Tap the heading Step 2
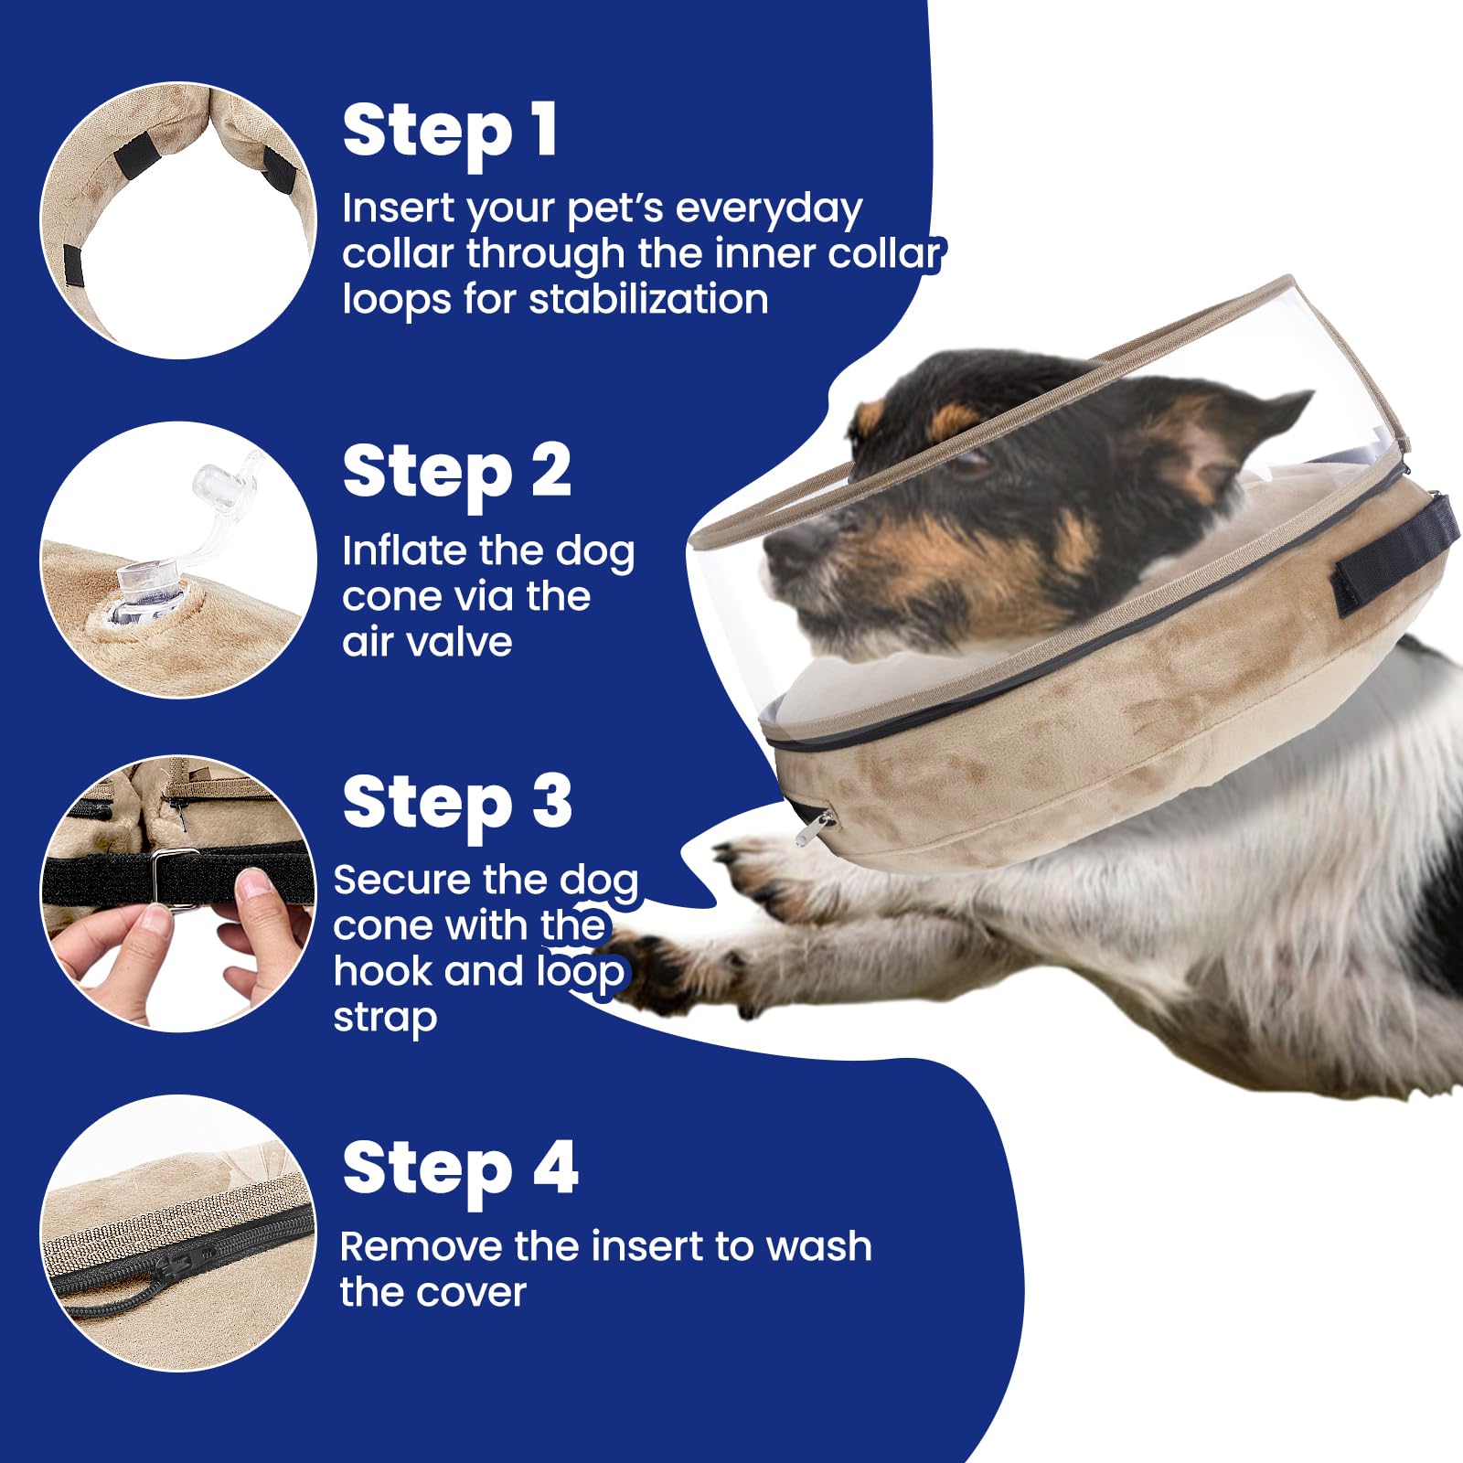457,474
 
